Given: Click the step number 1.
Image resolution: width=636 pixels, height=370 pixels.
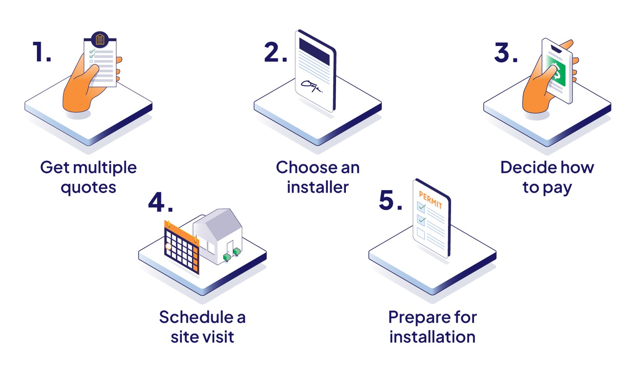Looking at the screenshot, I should (41, 52).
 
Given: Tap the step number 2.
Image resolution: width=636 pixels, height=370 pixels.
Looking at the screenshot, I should (275, 52).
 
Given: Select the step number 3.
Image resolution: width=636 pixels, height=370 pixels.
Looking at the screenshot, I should (506, 52).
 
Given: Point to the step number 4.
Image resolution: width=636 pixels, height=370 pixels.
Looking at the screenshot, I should (160, 203).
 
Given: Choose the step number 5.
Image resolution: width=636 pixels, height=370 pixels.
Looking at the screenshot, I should (390, 200).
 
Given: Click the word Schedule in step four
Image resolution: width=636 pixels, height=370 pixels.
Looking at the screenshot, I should (196, 317).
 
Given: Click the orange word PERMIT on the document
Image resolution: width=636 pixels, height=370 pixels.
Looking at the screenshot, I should (430, 200).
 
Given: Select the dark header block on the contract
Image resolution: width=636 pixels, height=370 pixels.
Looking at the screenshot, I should (314, 51).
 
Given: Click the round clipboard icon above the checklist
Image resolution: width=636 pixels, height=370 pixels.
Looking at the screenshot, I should (100, 40).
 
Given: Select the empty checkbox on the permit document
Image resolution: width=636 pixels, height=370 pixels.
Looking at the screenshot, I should (420, 234).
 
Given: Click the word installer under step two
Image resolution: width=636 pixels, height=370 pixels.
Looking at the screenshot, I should (318, 188).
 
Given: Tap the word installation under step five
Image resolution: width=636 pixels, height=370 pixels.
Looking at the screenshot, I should (432, 337).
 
